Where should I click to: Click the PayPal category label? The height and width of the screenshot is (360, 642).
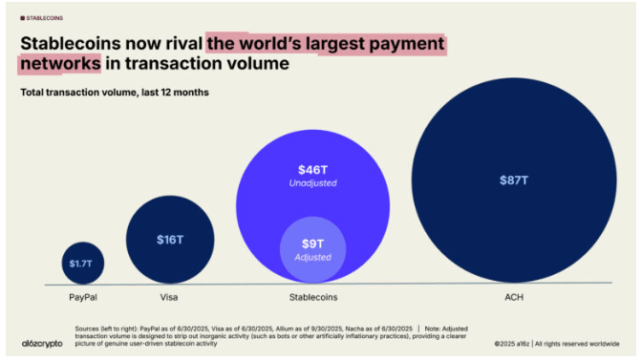[83, 297]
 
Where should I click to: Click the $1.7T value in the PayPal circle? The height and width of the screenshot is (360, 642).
[83, 262]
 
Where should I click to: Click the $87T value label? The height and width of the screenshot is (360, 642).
[513, 180]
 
